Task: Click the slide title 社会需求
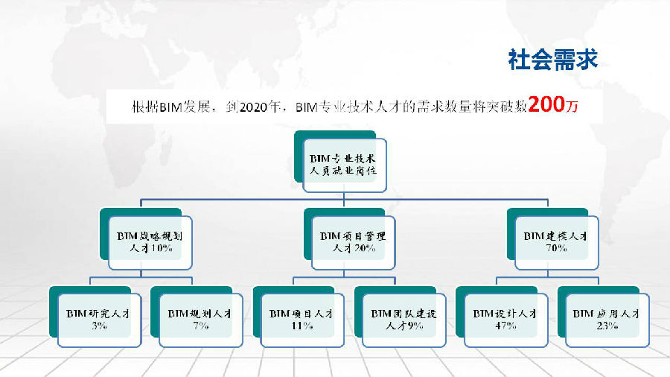point(552,60)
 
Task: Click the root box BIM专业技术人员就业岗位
point(345,165)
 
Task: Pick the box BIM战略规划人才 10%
point(150,242)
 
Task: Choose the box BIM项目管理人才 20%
point(354,242)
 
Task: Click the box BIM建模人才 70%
point(556,242)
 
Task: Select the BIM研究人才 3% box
point(99,320)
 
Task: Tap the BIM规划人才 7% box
point(201,320)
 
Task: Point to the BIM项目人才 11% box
point(302,320)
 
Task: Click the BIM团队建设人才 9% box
point(404,320)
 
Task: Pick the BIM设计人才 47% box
point(506,320)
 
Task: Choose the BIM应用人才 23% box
point(607,320)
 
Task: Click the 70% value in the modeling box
point(556,248)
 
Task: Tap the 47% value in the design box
point(506,326)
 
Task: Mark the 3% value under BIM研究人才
point(99,326)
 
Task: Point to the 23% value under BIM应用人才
point(607,326)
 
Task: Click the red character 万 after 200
point(572,106)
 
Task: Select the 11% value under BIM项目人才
point(302,326)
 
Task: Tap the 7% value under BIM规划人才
point(201,326)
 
